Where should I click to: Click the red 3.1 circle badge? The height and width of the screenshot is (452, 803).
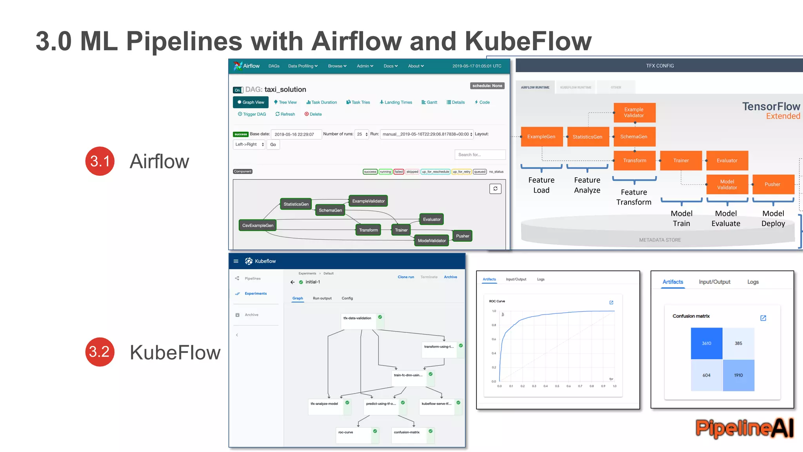pos(100,161)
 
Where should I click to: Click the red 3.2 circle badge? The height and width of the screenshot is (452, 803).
pos(100,352)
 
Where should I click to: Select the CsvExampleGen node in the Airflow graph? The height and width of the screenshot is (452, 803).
pos(258,226)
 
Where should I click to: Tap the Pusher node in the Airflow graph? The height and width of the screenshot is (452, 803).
pos(462,236)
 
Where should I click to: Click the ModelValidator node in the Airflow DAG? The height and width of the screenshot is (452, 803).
pos(431,241)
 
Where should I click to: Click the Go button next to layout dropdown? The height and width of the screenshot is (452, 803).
pos(273,145)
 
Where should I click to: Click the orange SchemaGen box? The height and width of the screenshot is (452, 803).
pos(634,137)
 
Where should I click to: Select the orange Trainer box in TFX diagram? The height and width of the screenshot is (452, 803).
pos(681,160)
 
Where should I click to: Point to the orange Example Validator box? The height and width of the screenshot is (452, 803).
pos(634,113)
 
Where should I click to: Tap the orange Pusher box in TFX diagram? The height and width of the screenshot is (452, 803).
pos(772,184)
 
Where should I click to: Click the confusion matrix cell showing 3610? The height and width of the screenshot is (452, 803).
pos(706,343)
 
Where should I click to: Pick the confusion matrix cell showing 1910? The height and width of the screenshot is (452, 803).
pos(738,375)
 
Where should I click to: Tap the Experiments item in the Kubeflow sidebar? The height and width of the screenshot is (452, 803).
pos(255,293)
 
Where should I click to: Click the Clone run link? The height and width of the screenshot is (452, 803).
pos(406,277)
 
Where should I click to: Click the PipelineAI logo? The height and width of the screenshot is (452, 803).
pos(744,428)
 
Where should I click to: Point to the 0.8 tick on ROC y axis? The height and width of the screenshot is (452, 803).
pos(494,325)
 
